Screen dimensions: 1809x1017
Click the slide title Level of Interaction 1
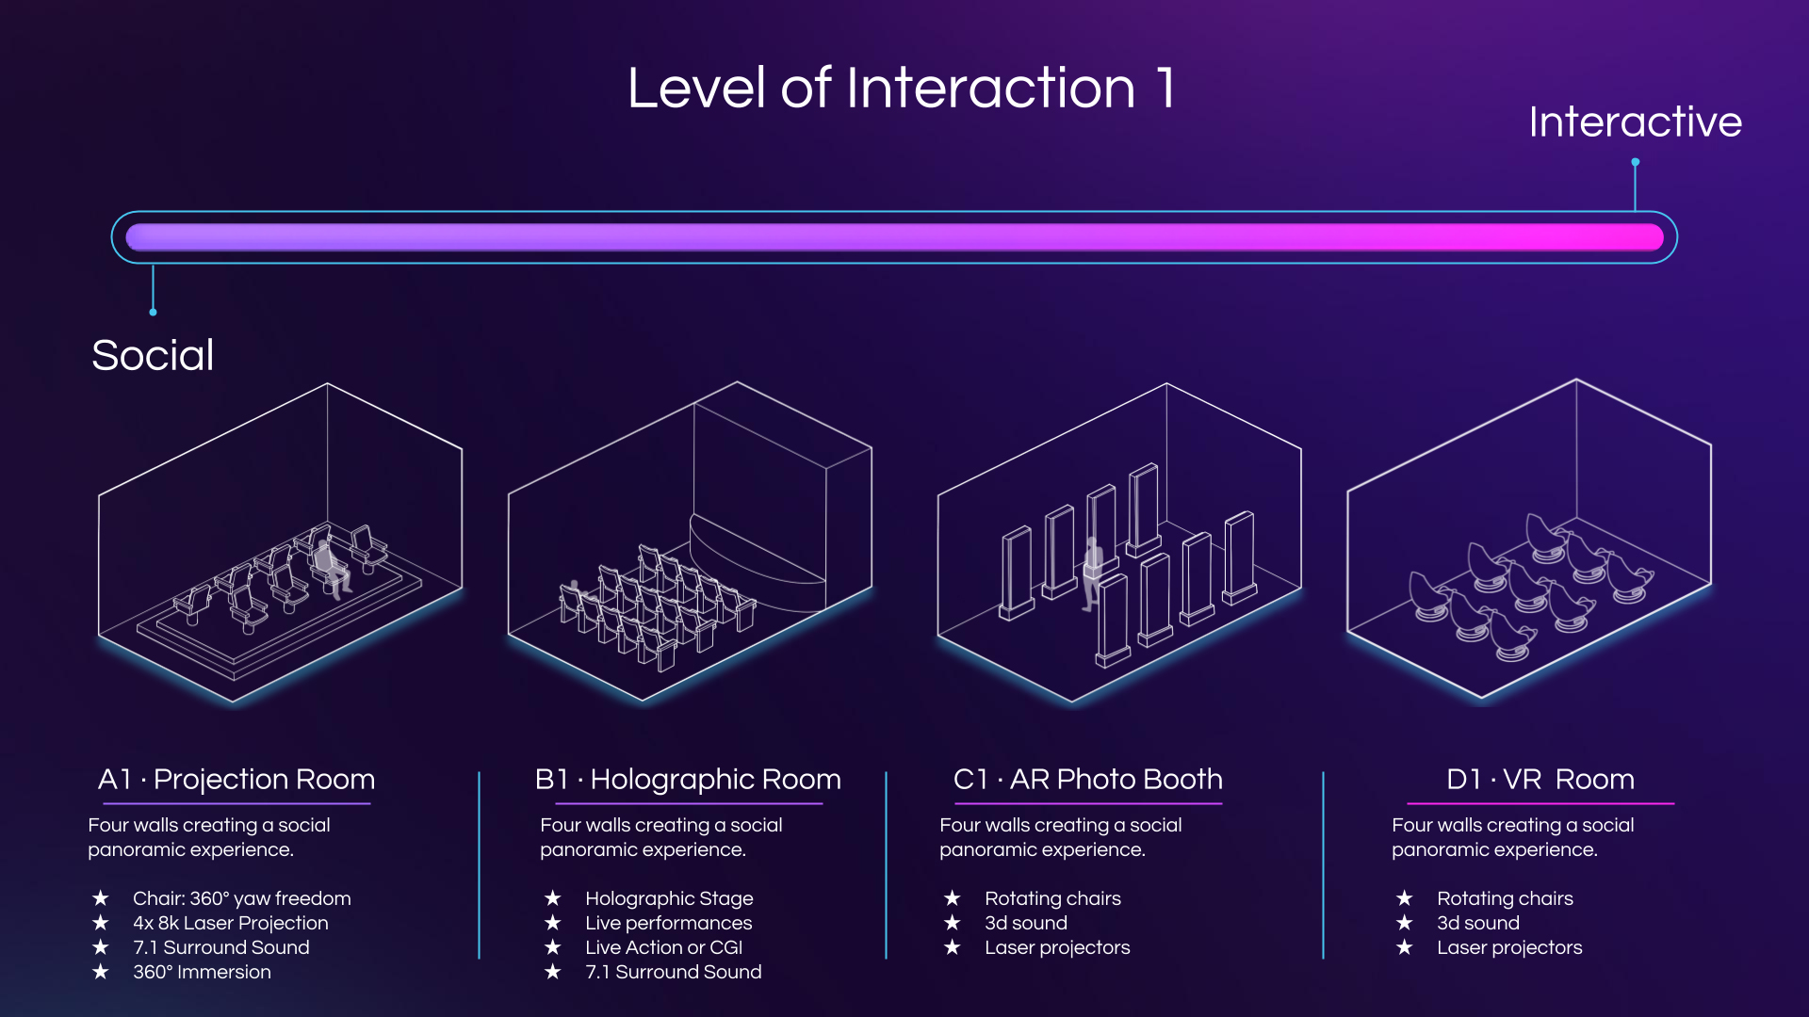click(x=902, y=89)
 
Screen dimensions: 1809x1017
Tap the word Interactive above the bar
click(x=1635, y=121)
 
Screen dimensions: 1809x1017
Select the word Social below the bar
click(x=153, y=355)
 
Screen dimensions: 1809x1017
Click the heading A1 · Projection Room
click(x=236, y=779)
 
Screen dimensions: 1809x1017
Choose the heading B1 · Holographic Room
click(x=688, y=779)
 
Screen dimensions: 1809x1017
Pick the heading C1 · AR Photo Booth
click(x=1088, y=779)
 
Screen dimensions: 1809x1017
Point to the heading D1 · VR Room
click(x=1540, y=779)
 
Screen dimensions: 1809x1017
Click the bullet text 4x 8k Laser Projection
click(x=231, y=923)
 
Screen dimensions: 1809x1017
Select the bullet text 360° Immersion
click(x=202, y=972)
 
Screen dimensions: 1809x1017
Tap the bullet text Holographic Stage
click(x=669, y=898)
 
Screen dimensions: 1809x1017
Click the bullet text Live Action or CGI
click(x=663, y=947)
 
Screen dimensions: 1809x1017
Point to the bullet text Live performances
click(x=668, y=923)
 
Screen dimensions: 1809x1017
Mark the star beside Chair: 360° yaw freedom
click(x=101, y=898)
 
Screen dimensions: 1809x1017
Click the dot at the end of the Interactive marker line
click(x=1636, y=163)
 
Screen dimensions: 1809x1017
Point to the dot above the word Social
click(x=153, y=312)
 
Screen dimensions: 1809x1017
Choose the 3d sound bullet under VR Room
click(x=1478, y=923)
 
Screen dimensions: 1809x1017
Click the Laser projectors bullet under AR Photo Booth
click(x=1057, y=947)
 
